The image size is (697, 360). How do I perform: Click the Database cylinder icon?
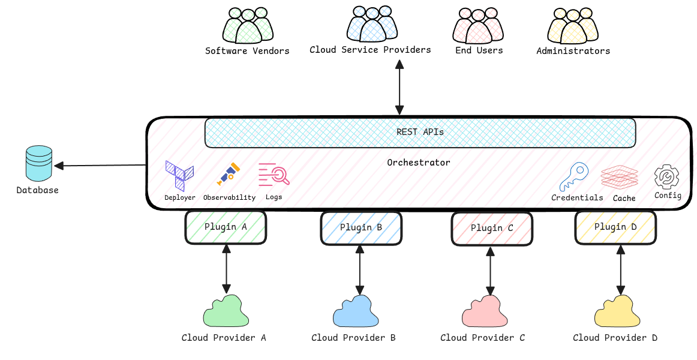click(x=39, y=164)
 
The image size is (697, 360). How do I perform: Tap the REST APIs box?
click(x=420, y=133)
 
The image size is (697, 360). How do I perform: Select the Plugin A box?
click(x=226, y=227)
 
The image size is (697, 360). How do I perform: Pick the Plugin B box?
click(x=360, y=228)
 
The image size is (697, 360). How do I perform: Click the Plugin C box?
click(x=491, y=229)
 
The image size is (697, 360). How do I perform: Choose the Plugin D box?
click(x=615, y=227)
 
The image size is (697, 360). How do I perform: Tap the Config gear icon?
click(x=666, y=178)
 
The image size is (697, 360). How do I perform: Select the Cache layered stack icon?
click(x=620, y=178)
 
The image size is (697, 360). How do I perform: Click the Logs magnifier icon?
click(x=274, y=175)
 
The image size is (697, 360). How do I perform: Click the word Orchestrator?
click(x=418, y=163)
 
